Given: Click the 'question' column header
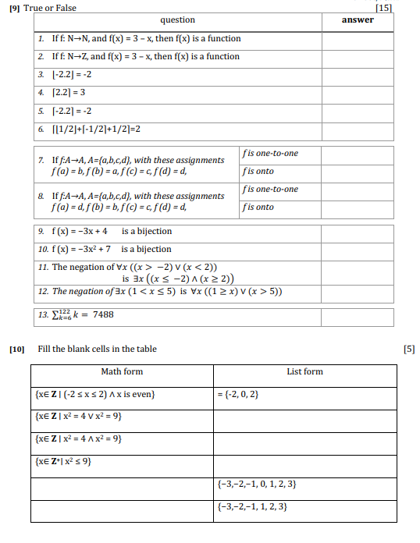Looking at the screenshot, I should click(177, 20).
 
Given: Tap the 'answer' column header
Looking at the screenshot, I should click(358, 20).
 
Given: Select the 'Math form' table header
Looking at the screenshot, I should click(122, 372).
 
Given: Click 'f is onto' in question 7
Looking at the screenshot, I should click(258, 171).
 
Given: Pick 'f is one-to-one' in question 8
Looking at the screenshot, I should click(270, 189).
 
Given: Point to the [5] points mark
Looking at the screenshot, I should click(409, 349).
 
